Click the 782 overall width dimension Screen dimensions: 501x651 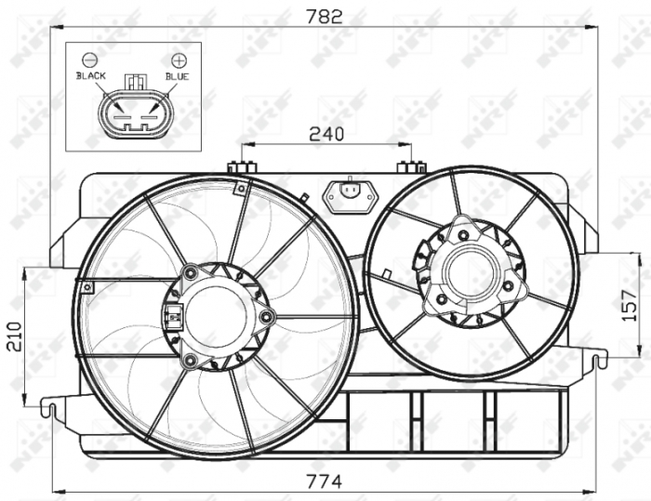[325, 15]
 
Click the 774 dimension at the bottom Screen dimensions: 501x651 [325, 481]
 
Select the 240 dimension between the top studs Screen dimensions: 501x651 [325, 134]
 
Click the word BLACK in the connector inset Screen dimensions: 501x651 [91, 76]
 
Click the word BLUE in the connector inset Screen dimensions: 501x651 [177, 76]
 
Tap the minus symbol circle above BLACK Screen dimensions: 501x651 [90, 59]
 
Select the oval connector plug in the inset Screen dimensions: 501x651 [133, 112]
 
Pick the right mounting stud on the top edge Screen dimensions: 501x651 [411, 167]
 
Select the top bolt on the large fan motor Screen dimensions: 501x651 [191, 272]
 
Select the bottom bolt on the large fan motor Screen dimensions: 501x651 [191, 360]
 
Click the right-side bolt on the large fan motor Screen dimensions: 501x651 [267, 317]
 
